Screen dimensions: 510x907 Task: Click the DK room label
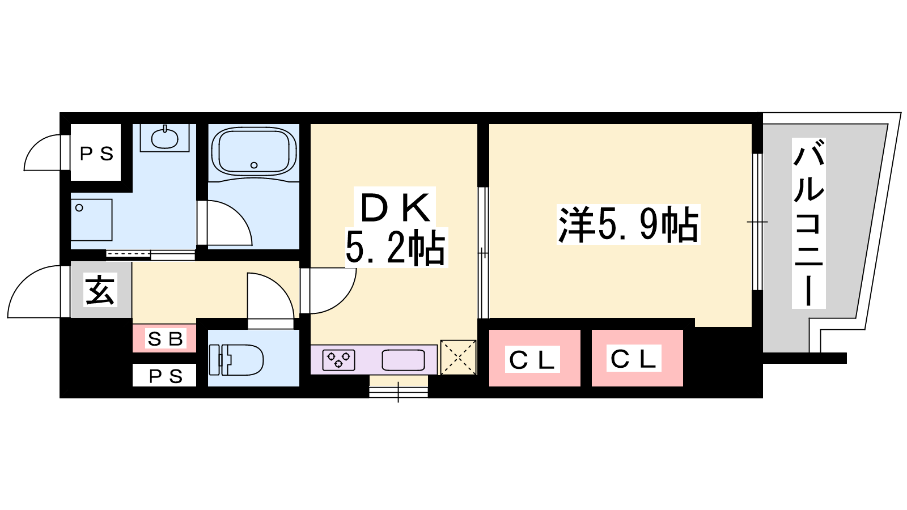(x=395, y=207)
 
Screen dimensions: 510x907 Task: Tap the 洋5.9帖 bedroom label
(x=628, y=225)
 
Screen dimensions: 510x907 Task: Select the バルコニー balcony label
(x=808, y=223)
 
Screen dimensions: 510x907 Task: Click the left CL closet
(x=534, y=359)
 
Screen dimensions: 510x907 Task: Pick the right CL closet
(x=637, y=359)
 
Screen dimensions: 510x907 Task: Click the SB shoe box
(x=165, y=338)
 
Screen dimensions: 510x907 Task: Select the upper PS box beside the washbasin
(x=96, y=153)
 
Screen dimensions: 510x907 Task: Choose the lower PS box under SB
(x=165, y=376)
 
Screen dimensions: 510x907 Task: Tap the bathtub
(x=253, y=151)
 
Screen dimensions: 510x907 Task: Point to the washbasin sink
(x=165, y=138)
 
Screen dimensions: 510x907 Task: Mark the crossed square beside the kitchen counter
(x=458, y=357)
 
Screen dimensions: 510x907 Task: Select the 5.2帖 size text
(x=395, y=248)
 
